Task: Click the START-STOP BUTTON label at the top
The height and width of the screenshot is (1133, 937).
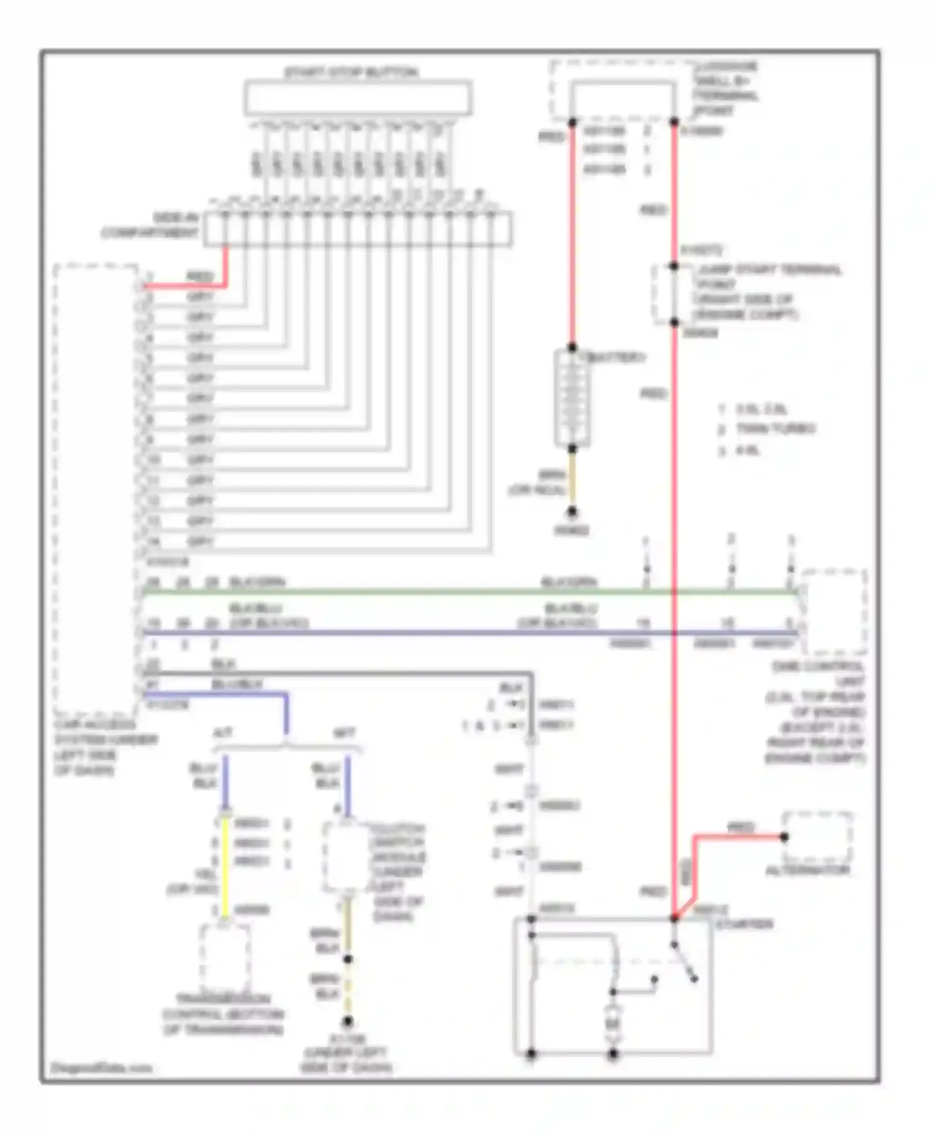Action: [351, 72]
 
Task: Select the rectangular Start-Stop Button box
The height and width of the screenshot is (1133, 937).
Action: [357, 98]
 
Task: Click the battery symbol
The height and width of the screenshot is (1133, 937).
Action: [572, 398]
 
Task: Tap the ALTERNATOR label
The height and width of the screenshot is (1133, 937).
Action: [808, 871]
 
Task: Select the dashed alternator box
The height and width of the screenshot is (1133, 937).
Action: [817, 838]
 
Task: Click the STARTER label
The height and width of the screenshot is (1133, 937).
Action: [744, 924]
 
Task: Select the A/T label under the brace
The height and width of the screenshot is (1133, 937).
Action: [223, 733]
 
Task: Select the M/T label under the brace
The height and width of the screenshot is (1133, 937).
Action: [344, 733]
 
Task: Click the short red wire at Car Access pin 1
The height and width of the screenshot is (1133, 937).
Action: [187, 286]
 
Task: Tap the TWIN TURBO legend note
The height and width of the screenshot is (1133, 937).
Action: [775, 429]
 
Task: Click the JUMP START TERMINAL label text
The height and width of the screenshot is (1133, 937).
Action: [768, 270]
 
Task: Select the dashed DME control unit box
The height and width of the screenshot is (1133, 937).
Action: [834, 611]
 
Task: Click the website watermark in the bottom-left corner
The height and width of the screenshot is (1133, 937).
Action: [100, 1067]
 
